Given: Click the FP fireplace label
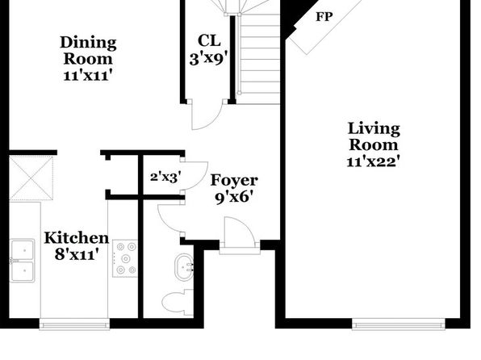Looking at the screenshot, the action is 324,17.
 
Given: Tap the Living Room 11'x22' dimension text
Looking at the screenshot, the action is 374,161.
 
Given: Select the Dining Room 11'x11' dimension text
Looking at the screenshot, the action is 86,76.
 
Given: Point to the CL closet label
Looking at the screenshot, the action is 209,40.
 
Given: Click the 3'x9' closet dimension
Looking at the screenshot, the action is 209,58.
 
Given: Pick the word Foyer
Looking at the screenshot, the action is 234,180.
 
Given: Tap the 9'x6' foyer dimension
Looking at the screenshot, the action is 234,197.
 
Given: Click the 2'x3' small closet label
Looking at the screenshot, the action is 165,177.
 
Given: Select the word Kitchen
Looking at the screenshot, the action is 77,238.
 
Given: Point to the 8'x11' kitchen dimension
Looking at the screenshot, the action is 77,254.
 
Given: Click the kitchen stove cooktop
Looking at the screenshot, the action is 125,258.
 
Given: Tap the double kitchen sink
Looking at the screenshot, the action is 22,261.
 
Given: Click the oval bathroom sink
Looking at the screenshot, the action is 184,267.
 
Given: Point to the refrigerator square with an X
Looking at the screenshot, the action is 31,178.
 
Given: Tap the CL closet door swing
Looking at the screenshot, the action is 206,115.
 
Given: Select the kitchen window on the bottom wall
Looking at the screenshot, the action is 74,324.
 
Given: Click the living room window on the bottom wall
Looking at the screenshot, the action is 399,324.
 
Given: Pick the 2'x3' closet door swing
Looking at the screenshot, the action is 196,175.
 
